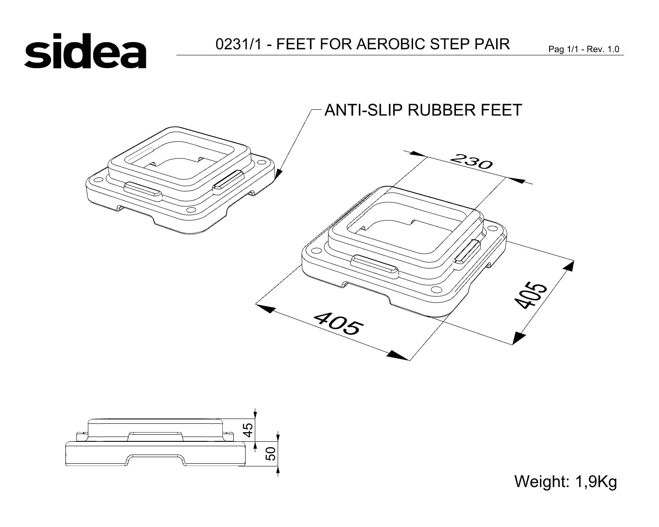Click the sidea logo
tap(85, 51)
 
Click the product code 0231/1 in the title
tap(239, 44)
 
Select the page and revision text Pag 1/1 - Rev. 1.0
tap(584, 49)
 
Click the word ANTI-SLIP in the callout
tap(363, 110)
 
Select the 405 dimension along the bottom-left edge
tap(339, 323)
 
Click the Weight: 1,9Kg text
tap(565, 482)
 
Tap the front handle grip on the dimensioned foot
tap(375, 267)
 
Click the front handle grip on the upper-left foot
tap(143, 191)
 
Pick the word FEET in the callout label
tap(501, 110)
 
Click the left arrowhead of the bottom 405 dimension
tap(265, 308)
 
